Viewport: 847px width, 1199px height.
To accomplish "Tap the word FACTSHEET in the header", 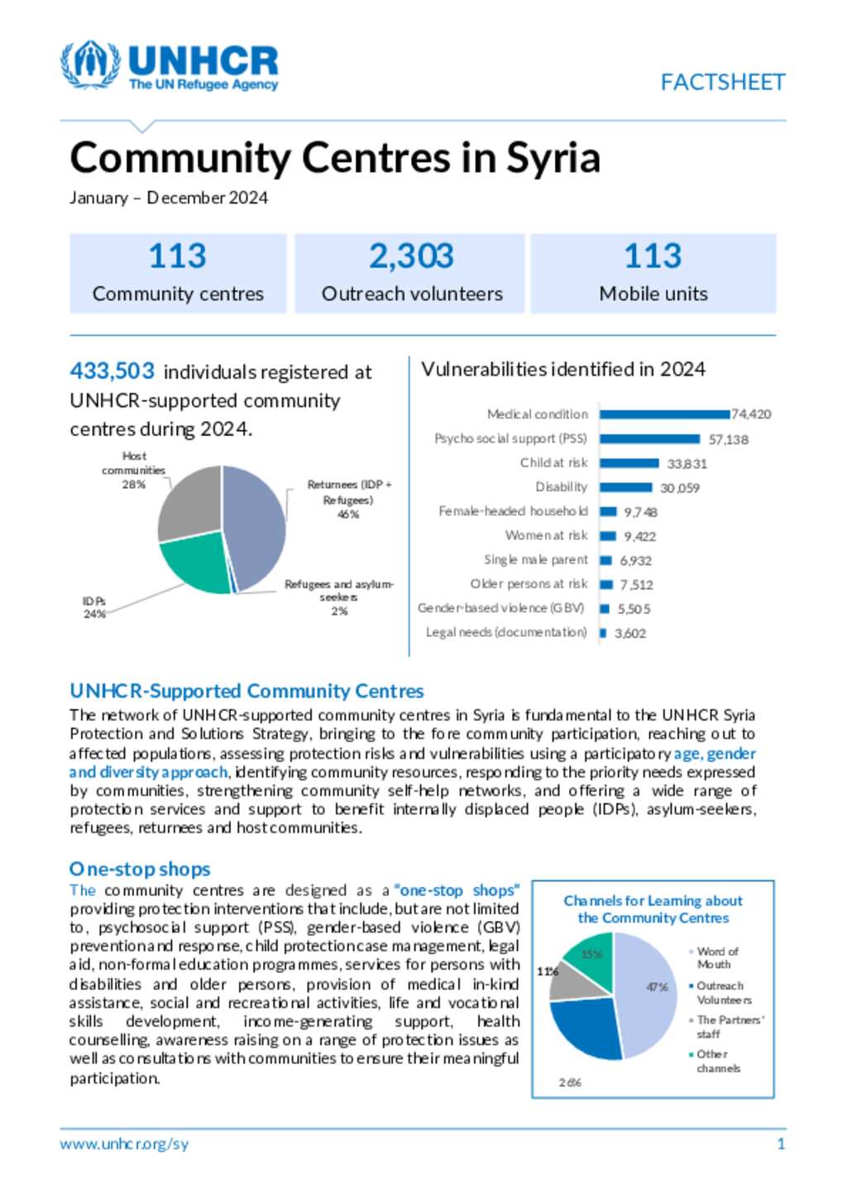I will [722, 83].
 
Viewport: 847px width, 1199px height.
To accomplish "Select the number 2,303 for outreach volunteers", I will [411, 257].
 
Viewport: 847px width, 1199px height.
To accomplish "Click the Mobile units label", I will [653, 294].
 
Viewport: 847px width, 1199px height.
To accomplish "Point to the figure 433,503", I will [112, 371].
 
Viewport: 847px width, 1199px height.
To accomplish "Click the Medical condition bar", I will [665, 414].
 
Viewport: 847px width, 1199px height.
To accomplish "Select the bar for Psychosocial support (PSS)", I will [649, 439].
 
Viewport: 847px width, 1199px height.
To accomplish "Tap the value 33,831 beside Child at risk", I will [687, 463].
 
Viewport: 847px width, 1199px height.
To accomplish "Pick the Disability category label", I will [561, 487].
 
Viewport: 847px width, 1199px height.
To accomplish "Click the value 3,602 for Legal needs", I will [630, 633].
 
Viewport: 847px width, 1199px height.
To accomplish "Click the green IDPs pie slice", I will [193, 563].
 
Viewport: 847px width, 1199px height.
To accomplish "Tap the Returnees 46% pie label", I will [348, 499].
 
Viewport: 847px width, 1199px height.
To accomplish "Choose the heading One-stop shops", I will [140, 869].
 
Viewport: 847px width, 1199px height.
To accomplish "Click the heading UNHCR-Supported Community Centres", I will [246, 691].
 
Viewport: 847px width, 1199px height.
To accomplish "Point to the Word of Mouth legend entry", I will [716, 957].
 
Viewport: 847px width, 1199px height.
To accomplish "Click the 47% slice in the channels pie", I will [649, 989].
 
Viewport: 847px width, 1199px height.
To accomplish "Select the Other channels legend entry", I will [716, 1061].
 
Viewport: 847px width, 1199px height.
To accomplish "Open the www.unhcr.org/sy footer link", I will [124, 1144].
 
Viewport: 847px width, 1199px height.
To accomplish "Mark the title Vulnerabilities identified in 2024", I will [562, 369].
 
